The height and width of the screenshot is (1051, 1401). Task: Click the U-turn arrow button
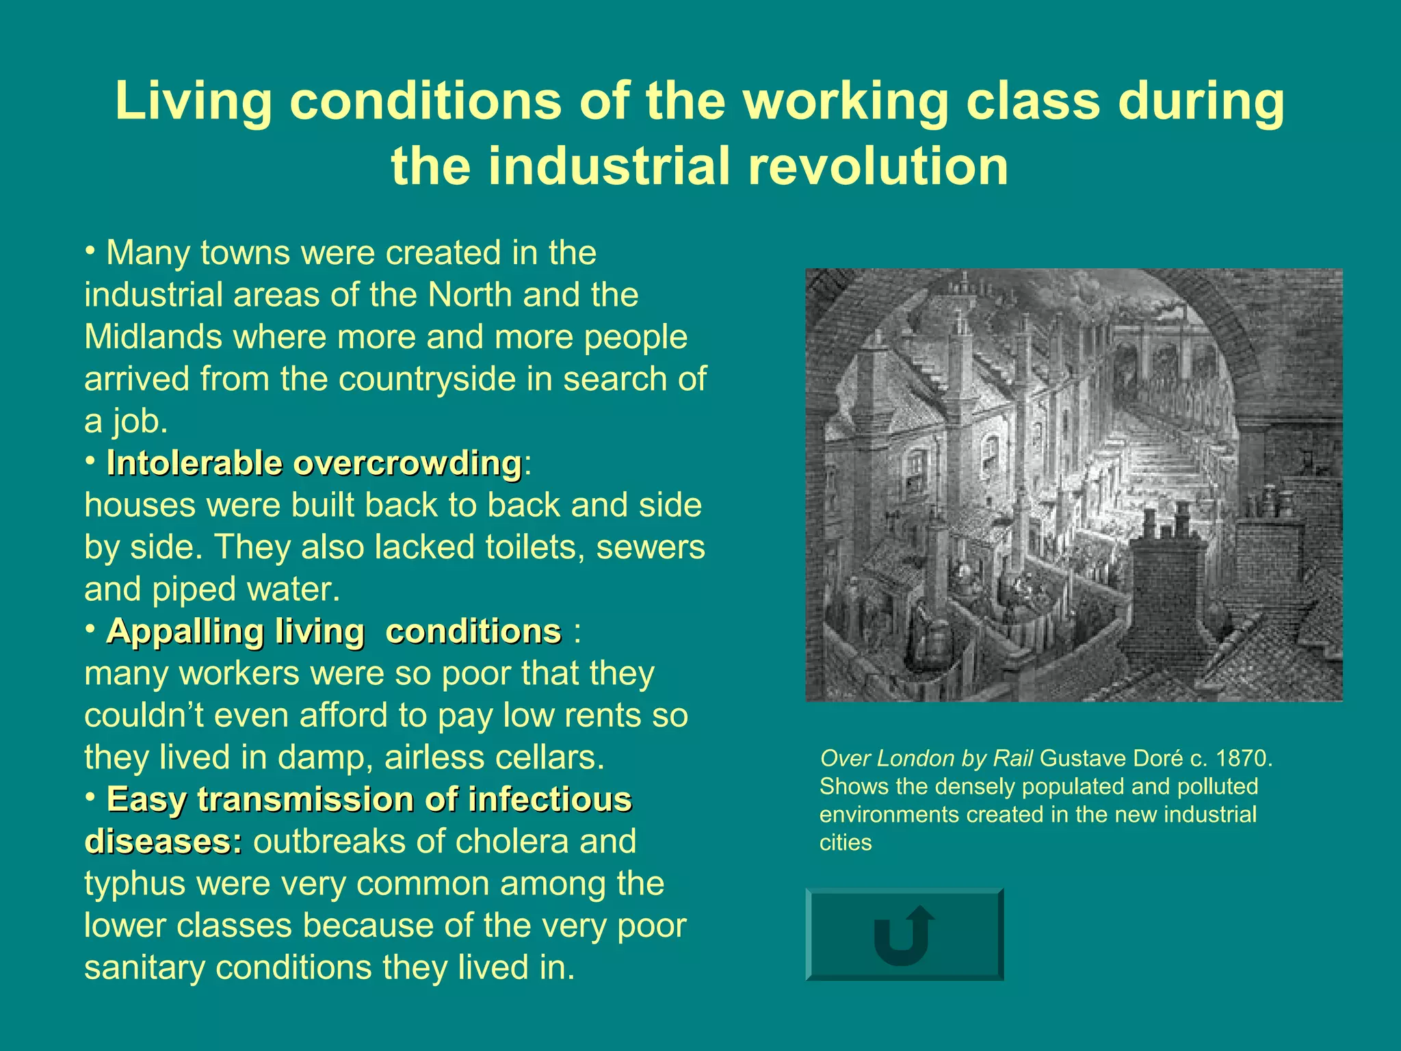click(904, 935)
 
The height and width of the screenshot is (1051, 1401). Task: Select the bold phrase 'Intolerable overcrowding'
click(314, 463)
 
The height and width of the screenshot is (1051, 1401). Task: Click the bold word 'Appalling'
click(184, 631)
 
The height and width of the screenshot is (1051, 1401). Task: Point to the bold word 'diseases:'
click(163, 842)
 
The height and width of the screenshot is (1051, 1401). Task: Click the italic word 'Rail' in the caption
click(1012, 758)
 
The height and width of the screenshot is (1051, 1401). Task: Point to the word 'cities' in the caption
click(846, 843)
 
